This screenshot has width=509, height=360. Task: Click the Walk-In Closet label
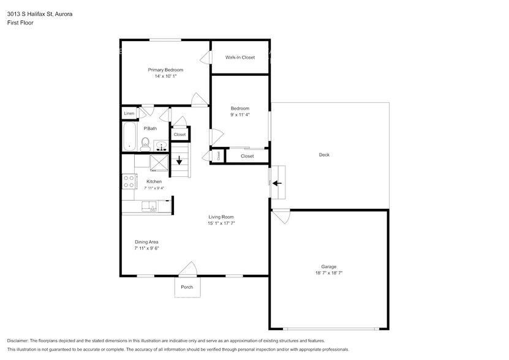click(x=240, y=58)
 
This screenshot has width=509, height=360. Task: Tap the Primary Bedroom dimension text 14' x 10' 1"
click(x=165, y=77)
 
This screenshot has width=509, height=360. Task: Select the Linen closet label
click(x=129, y=113)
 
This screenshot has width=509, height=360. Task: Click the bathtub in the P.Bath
click(x=129, y=137)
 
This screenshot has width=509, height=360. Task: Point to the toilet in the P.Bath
click(x=145, y=144)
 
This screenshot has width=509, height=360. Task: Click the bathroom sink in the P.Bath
click(x=160, y=146)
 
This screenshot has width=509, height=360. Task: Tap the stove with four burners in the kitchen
click(x=129, y=181)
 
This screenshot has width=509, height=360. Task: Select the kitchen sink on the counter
click(x=149, y=206)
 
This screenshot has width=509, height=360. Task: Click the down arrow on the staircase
click(x=179, y=160)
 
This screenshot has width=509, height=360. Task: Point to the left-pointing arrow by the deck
click(x=277, y=184)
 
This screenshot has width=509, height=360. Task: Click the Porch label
click(x=187, y=287)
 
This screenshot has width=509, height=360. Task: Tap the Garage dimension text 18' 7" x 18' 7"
click(x=329, y=273)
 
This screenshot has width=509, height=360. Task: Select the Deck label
click(x=324, y=155)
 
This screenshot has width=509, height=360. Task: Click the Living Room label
click(x=221, y=217)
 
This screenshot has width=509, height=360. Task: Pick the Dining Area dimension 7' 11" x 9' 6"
click(x=146, y=249)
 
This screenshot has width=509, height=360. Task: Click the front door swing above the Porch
click(x=188, y=269)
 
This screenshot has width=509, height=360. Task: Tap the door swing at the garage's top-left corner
click(x=281, y=217)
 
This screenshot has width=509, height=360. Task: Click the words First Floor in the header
click(x=20, y=23)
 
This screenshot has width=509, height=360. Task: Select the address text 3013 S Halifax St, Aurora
click(x=40, y=14)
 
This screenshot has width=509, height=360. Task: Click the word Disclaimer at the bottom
click(x=18, y=341)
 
